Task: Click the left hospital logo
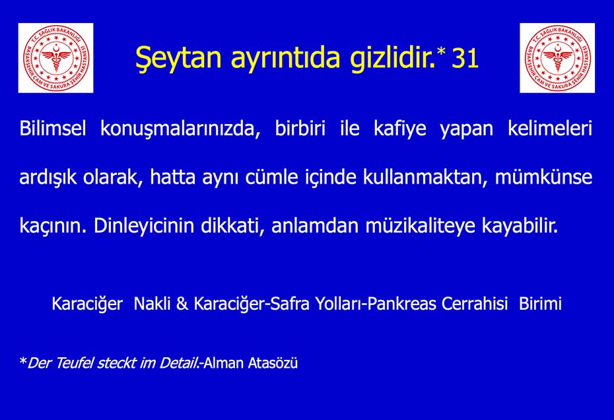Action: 55,58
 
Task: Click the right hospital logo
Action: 557,58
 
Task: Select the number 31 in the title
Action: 465,59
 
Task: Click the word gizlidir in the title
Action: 392,58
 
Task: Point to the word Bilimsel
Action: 52,128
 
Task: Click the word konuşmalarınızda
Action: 180,129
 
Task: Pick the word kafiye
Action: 400,129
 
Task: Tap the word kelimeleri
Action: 550,128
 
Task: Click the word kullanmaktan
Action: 425,177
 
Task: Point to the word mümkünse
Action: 543,177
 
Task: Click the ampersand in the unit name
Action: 182,304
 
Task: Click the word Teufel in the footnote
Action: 75,363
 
